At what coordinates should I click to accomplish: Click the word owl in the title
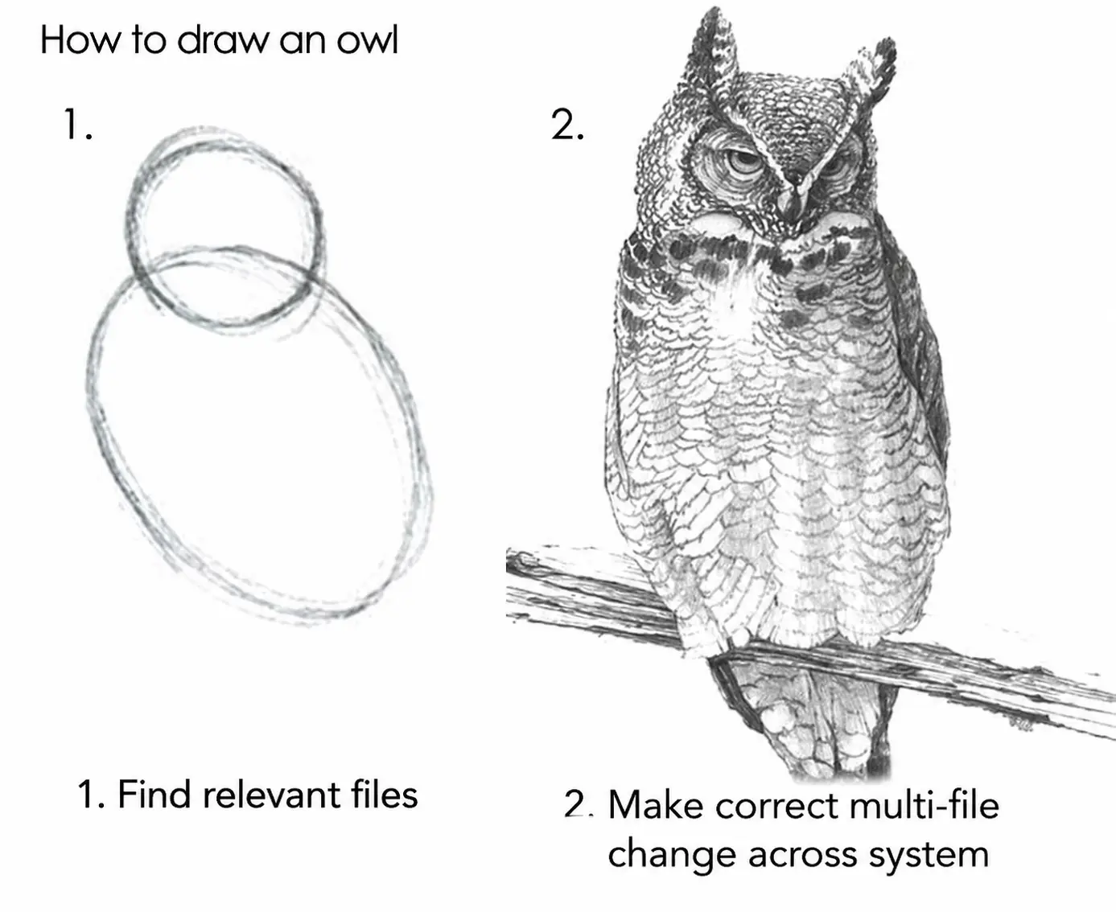coord(367,40)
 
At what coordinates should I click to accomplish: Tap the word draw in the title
coord(224,40)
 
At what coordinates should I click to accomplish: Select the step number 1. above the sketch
coord(77,125)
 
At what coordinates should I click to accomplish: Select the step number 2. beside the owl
coord(567,125)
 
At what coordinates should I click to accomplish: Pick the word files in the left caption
coord(385,795)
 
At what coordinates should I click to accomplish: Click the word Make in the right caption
coord(655,805)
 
